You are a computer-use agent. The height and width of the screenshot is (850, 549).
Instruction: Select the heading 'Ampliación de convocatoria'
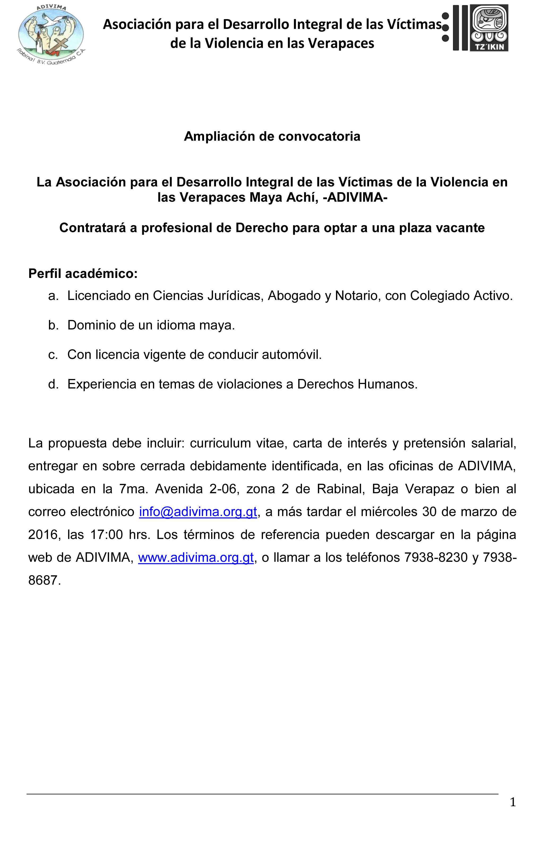(272, 136)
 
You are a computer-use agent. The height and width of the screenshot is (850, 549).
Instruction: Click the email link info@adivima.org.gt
(198, 512)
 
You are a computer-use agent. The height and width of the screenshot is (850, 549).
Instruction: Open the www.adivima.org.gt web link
(196, 557)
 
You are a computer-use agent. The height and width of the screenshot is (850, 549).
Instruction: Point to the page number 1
(513, 802)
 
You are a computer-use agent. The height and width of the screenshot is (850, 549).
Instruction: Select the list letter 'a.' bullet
(53, 296)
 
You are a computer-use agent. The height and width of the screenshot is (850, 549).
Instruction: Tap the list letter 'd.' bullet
(53, 384)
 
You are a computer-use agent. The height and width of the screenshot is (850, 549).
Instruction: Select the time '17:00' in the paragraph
(106, 534)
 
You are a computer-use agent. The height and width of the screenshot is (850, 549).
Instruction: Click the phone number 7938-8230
(436, 557)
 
